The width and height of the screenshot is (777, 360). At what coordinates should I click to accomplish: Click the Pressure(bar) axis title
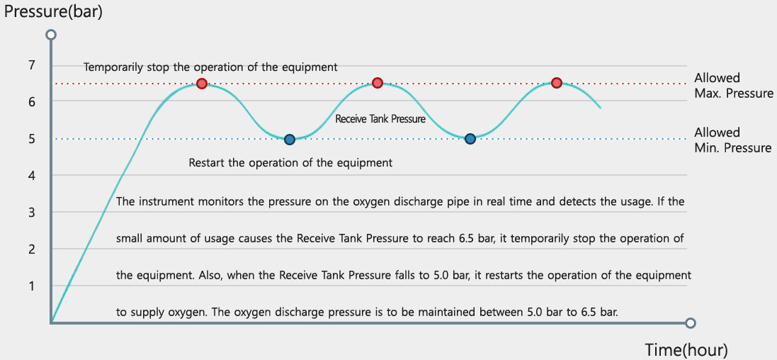point(53,11)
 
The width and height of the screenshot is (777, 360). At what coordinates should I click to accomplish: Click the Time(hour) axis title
point(686,349)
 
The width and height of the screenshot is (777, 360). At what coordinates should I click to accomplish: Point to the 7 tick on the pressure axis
point(32,65)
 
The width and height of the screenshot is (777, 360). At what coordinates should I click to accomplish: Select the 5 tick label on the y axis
point(32,139)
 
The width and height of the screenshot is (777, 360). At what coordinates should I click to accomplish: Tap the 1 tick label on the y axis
point(32,286)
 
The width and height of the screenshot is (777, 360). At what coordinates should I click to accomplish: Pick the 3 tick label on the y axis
point(32,213)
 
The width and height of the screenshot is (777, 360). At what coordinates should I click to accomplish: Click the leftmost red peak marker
point(202,84)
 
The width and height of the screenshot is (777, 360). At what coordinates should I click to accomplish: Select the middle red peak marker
point(378,82)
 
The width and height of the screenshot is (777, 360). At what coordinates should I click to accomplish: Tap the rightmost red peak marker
point(557,82)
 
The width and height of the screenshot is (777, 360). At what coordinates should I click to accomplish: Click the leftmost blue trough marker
point(290,140)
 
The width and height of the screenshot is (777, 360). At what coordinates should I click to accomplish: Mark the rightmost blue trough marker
point(470,138)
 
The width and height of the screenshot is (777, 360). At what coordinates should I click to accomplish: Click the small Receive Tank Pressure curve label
point(380,119)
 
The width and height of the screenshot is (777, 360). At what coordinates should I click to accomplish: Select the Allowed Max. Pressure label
point(734,85)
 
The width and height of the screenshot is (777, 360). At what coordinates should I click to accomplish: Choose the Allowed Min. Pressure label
point(733,140)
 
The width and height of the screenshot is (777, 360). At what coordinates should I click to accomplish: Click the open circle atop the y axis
point(50,35)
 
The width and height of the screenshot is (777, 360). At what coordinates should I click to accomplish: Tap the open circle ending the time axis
point(691,323)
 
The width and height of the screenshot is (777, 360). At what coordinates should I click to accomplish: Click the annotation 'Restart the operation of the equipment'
point(291,163)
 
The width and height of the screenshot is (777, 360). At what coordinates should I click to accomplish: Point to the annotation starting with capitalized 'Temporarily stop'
point(210,67)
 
